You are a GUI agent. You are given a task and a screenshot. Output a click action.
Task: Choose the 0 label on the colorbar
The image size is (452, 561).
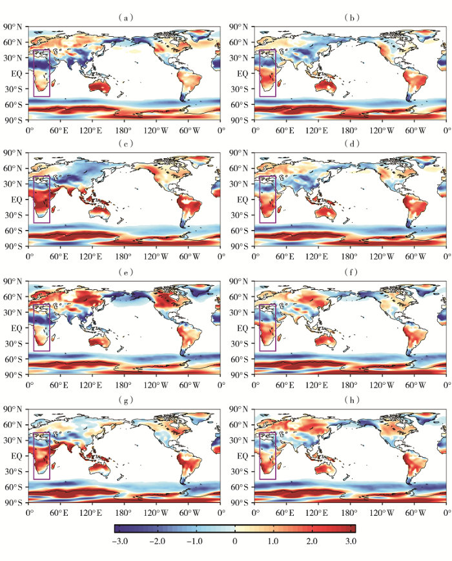point(234,541)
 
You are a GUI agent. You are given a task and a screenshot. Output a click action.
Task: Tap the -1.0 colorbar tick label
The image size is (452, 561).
point(197,541)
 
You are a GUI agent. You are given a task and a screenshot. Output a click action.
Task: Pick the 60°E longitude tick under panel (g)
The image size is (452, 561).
point(59,513)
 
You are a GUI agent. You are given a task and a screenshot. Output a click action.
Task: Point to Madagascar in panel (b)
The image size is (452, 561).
point(280,83)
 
